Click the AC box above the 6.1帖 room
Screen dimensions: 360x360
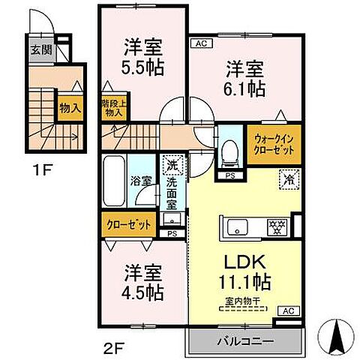click(x=200, y=43)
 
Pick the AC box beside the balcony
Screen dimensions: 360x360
click(x=288, y=310)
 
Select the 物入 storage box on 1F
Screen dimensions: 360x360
click(x=70, y=108)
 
